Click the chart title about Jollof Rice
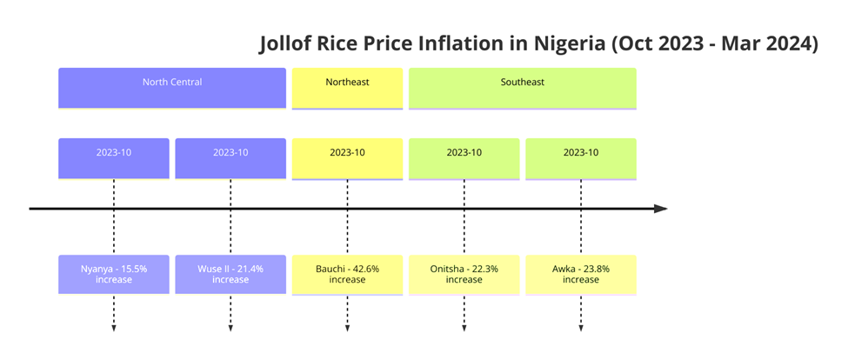[538, 44]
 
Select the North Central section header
[172, 88]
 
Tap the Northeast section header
[347, 88]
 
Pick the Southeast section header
[522, 88]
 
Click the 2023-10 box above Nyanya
[114, 158]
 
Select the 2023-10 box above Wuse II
[230, 158]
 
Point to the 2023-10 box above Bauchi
[347, 158]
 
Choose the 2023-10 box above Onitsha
[464, 158]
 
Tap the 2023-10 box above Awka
[580, 158]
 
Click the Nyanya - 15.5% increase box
[114, 274]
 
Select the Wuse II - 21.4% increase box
[230, 274]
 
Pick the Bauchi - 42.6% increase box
[347, 274]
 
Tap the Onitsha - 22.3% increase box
[464, 274]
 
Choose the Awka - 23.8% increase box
[580, 274]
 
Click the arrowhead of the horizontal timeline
[661, 209]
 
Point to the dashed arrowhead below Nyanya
[114, 328]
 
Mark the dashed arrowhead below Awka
[580, 328]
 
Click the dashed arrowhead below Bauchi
[347, 328]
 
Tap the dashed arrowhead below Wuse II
[230, 328]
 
